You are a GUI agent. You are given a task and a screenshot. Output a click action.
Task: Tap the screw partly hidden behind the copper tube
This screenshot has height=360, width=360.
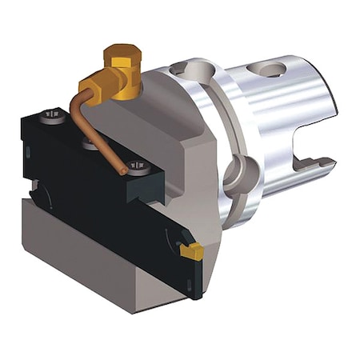pyautogui.click(x=90, y=145)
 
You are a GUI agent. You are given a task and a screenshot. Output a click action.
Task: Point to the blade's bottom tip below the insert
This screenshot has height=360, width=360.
pyautogui.click(x=194, y=294)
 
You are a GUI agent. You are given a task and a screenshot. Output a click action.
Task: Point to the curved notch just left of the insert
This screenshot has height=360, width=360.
pyautogui.click(x=172, y=242)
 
